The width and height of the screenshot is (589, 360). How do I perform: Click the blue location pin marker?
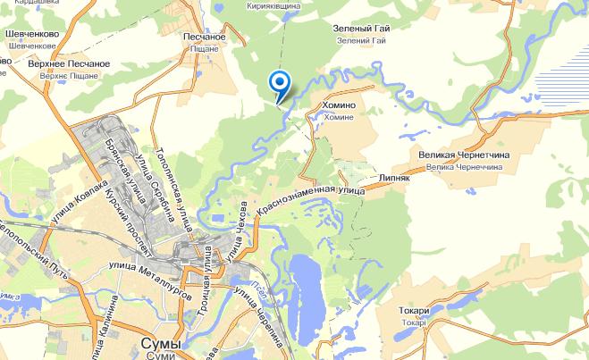(x=280, y=85)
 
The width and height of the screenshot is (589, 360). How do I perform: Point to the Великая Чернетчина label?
(x=463, y=155)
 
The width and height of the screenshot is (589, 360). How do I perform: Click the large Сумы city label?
(x=161, y=344)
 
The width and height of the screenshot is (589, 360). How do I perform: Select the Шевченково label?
(x=32, y=34)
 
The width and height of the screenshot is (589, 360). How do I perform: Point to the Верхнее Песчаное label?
(x=69, y=65)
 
